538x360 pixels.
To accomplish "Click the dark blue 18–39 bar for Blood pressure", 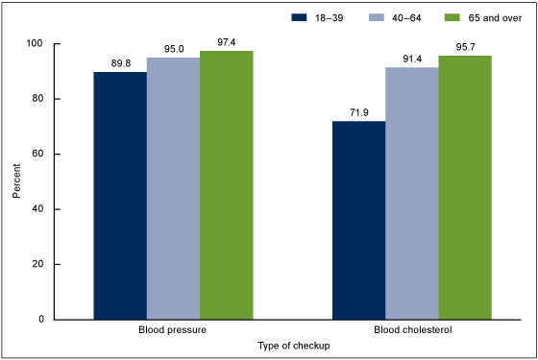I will [120, 196].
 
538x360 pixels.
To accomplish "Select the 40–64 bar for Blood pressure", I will [173, 188].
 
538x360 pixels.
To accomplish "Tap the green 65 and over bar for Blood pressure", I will [226, 185].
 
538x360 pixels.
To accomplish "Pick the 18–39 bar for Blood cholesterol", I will [358, 220].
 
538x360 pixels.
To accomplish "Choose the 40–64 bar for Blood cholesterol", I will [411, 193].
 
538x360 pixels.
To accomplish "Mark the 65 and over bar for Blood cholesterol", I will [464, 187].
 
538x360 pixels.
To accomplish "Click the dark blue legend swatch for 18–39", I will [302, 17].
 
